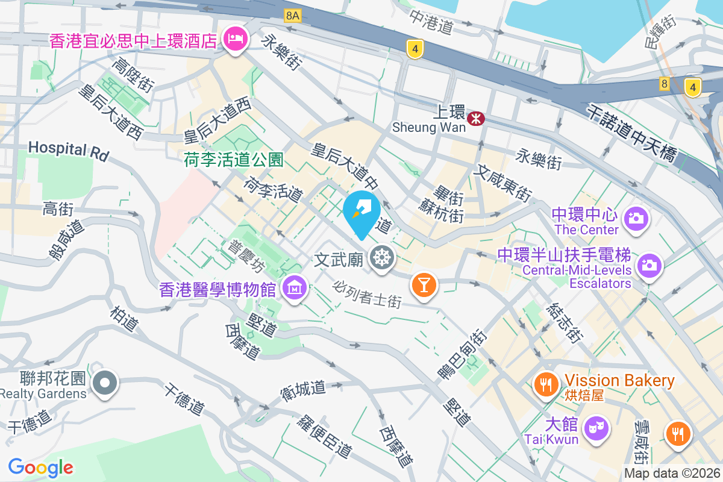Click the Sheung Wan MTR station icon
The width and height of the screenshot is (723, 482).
[476, 119]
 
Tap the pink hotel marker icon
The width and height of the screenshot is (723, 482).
[234, 40]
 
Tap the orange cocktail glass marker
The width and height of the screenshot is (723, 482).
[424, 284]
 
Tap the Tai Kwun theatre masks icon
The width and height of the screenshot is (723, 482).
[596, 428]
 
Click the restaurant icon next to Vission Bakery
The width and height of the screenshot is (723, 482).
[546, 383]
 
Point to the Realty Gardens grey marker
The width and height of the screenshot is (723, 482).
[105, 382]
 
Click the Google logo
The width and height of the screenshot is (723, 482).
[40, 467]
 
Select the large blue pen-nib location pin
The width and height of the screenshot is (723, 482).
[361, 214]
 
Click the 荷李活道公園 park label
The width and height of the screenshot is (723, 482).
[233, 160]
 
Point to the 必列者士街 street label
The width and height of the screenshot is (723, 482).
[366, 294]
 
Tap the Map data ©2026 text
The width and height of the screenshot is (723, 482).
[672, 474]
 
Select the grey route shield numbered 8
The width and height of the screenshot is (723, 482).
[664, 84]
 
